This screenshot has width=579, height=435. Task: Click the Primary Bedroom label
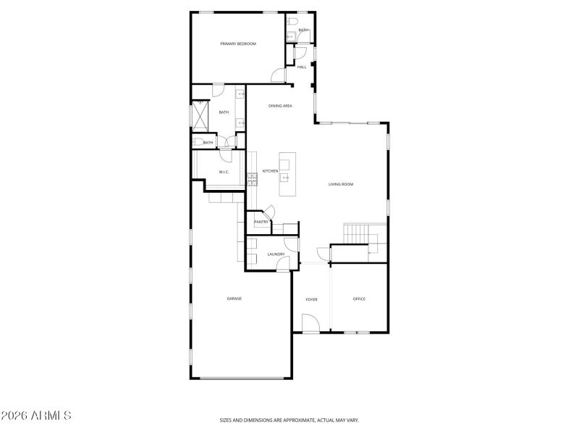238,43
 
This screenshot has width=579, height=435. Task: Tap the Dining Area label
280,106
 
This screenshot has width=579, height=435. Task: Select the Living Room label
341,184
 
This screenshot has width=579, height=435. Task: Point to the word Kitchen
270,171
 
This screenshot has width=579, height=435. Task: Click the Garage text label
234,299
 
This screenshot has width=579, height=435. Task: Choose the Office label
359,299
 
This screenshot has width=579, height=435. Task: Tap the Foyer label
311,299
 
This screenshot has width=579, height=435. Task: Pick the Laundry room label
276,254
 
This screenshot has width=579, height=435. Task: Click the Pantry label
261,222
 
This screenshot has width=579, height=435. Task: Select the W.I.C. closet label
224,172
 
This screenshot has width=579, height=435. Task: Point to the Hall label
301,67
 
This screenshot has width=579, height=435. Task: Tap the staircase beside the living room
356,234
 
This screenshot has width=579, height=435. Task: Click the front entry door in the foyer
311,324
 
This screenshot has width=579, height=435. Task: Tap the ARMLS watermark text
36,416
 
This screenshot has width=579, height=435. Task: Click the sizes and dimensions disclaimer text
289,420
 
